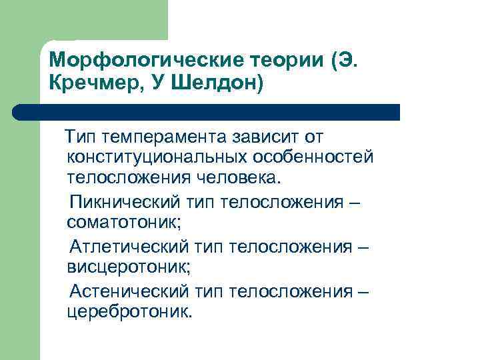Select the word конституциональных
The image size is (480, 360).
coord(157,159)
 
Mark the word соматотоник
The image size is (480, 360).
coord(123,221)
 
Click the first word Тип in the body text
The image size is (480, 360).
coord(78,138)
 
